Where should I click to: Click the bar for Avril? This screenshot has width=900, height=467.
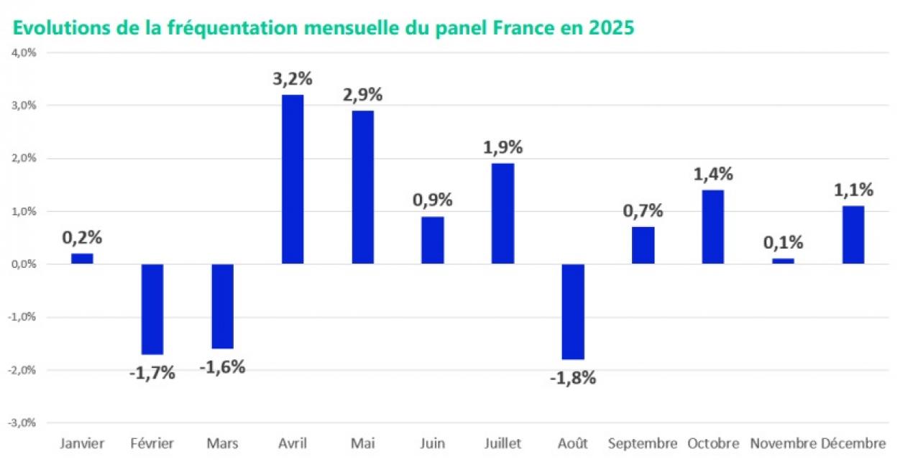[293, 179]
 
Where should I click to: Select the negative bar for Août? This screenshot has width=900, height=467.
[573, 311]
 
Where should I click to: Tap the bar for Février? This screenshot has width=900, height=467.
[152, 309]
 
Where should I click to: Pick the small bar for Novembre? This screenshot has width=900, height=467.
[783, 261]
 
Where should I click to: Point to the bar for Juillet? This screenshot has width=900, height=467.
[502, 213]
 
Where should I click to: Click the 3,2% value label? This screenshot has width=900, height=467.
[293, 78]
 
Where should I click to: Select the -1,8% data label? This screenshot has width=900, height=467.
[573, 378]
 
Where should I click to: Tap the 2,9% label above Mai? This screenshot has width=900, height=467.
[363, 94]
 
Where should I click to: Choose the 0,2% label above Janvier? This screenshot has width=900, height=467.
[82, 237]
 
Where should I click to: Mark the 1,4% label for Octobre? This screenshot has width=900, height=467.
[712, 174]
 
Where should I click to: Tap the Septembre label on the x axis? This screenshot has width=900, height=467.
[643, 444]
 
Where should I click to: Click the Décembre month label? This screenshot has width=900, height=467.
[853, 444]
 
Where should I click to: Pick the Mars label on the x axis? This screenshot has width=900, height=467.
[222, 444]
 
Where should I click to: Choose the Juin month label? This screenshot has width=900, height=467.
[433, 444]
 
